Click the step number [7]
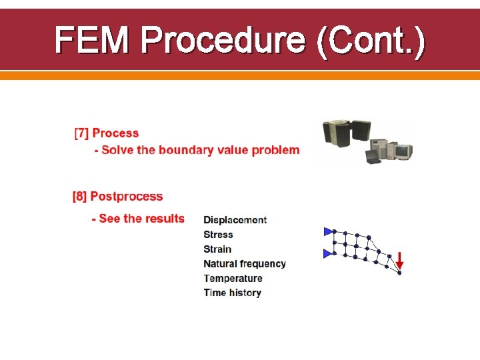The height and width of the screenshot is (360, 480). click(x=81, y=133)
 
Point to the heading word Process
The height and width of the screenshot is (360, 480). click(x=116, y=133)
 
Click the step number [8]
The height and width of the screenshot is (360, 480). click(x=80, y=197)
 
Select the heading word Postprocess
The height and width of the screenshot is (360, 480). click(x=127, y=197)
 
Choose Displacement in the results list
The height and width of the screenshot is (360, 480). click(x=235, y=220)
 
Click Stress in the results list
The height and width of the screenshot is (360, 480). click(x=218, y=235)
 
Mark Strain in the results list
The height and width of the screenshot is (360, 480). click(x=217, y=249)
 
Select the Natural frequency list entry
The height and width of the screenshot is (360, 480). click(x=245, y=264)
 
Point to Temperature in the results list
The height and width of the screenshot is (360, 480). click(x=233, y=279)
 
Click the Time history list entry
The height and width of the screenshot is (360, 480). click(x=232, y=293)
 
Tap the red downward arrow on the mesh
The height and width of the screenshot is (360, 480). click(x=399, y=261)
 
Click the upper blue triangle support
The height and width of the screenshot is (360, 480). click(x=328, y=231)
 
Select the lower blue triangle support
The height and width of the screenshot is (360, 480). click(x=328, y=253)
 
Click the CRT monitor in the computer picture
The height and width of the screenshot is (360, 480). click(x=401, y=151)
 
